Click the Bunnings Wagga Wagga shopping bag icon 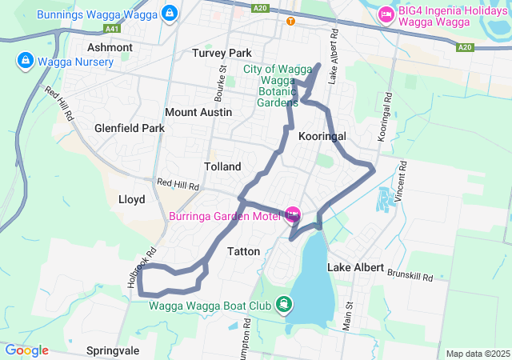point(169,13)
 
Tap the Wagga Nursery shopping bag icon point(25,61)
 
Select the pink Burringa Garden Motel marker point(291,214)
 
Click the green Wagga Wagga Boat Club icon point(283,304)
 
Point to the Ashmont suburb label point(110,47)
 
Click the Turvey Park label point(222,53)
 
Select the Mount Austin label point(198,112)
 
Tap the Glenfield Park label point(129,128)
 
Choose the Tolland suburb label point(222,166)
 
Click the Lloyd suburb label point(131,198)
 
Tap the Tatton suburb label point(244,251)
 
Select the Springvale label point(113,350)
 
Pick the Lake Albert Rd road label point(334,56)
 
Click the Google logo point(26,350)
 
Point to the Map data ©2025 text point(478,354)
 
